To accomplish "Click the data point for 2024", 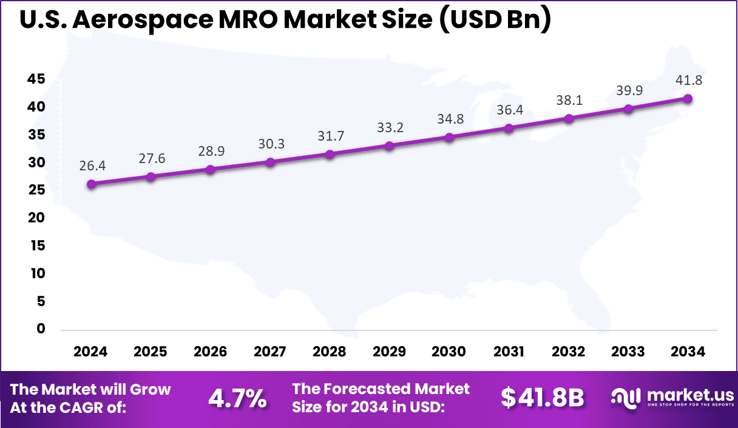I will [x=91, y=184].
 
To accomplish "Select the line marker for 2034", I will [x=688, y=99].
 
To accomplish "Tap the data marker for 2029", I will [x=390, y=146].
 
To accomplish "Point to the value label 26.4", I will [x=91, y=166].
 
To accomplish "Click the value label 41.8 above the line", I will [x=688, y=80].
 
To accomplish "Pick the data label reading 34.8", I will [x=449, y=119].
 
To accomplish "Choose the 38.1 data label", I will [x=569, y=100].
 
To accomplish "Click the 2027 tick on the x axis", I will [x=270, y=352].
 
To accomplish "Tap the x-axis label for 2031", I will [x=509, y=352].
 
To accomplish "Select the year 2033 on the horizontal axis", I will [x=628, y=352].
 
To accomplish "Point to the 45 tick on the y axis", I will [x=36, y=79].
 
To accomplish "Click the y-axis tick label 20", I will [x=36, y=218].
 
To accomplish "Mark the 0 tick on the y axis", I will [x=41, y=329].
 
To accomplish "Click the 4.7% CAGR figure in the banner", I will [x=237, y=398].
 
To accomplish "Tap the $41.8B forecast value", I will [x=542, y=398].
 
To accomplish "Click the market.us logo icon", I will [x=626, y=398].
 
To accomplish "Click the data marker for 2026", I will [x=211, y=169].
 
